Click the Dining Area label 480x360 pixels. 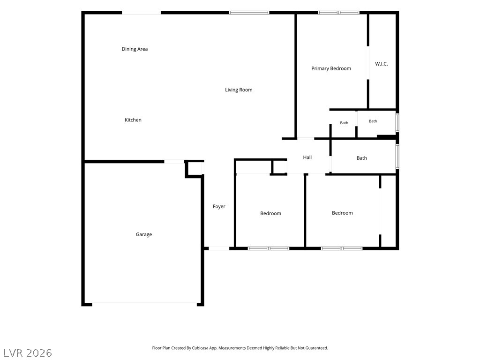pyautogui.click(x=135, y=49)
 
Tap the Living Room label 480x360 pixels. pyautogui.click(x=239, y=90)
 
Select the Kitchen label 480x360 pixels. pyautogui.click(x=133, y=120)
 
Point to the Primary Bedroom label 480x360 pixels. pyautogui.click(x=331, y=68)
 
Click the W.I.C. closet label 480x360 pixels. pyautogui.click(x=382, y=64)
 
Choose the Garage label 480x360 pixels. pyautogui.click(x=144, y=234)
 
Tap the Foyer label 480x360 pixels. pyautogui.click(x=219, y=207)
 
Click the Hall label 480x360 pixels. pyautogui.click(x=307, y=157)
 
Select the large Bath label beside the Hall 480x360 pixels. pyautogui.click(x=362, y=158)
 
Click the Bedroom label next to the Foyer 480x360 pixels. pyautogui.click(x=270, y=213)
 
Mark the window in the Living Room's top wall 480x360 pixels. pyautogui.click(x=249, y=13)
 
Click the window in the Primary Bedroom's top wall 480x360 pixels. pyautogui.click(x=338, y=13)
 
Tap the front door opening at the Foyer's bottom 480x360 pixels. pyautogui.click(x=219, y=248)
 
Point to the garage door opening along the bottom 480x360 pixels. pyautogui.click(x=144, y=304)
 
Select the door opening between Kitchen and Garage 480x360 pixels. pyautogui.click(x=174, y=161)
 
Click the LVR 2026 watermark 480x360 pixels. pyautogui.click(x=28, y=353)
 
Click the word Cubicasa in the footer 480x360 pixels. pyautogui.click(x=201, y=348)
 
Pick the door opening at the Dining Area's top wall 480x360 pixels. pyautogui.click(x=142, y=13)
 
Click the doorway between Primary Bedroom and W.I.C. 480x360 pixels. pyautogui.click(x=368, y=63)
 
